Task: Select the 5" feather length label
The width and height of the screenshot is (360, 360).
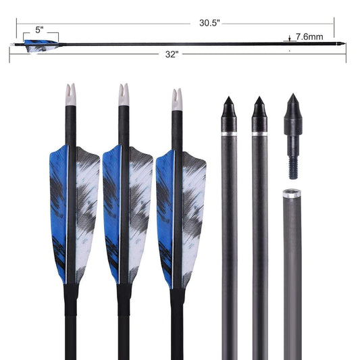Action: point(40,30)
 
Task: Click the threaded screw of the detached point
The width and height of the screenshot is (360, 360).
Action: point(292,162)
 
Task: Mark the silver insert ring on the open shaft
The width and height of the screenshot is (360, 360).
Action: point(292,194)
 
